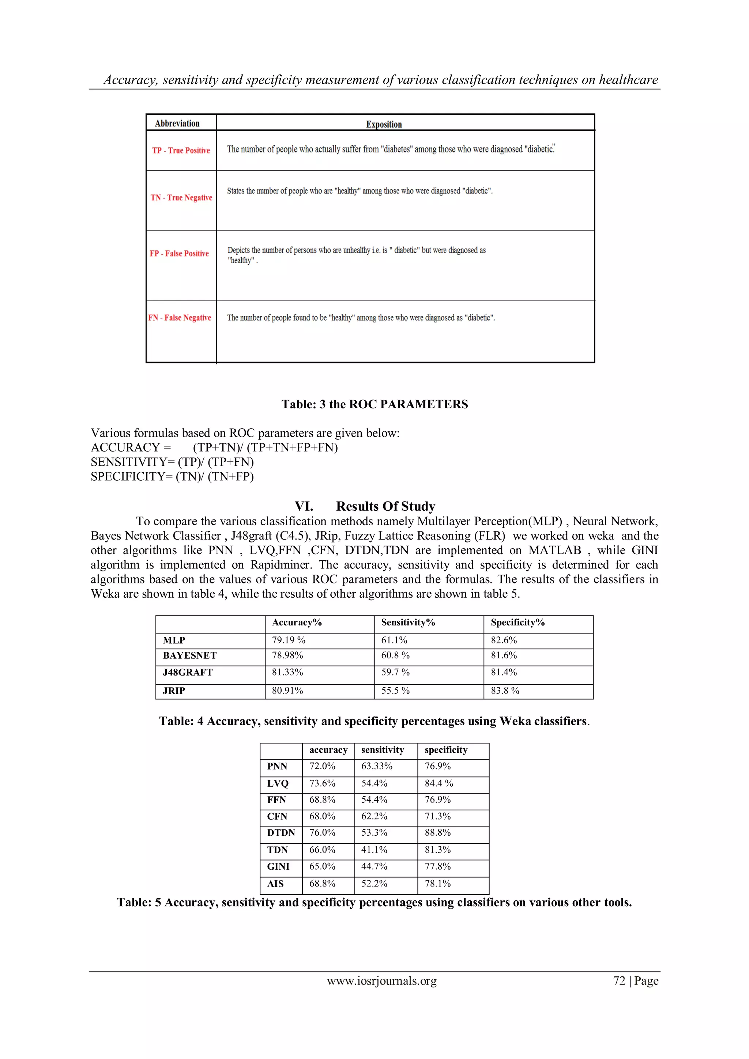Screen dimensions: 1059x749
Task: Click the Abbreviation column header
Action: (177, 124)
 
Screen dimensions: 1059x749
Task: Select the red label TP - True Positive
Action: (181, 150)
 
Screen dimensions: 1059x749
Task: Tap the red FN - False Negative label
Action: (180, 318)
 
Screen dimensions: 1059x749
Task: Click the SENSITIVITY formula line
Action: (172, 462)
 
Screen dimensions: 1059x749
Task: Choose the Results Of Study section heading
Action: (385, 506)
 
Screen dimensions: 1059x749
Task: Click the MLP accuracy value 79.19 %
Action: (289, 640)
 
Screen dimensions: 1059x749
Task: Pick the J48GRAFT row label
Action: (188, 673)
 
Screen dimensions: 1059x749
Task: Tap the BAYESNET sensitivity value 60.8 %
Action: (395, 655)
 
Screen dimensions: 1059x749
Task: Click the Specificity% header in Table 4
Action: (517, 623)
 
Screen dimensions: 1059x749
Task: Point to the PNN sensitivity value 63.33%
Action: (377, 766)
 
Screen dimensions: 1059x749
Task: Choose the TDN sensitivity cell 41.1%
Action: (374, 850)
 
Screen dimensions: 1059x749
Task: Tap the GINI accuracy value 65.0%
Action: (322, 867)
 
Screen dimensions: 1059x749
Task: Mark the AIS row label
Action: (275, 884)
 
